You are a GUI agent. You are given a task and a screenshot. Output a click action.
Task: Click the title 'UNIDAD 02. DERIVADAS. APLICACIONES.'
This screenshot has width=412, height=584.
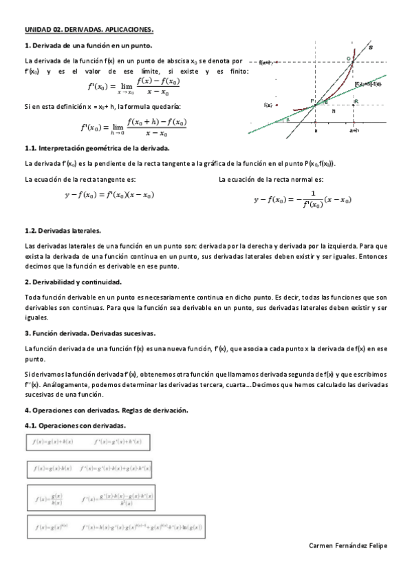89,30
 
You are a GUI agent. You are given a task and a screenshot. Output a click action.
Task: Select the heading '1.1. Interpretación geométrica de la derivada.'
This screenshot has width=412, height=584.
96,148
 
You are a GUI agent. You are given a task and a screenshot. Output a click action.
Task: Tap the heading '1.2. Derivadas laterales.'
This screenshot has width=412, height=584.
63,230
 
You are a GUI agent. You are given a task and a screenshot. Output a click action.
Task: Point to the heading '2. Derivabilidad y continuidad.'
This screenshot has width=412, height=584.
73,282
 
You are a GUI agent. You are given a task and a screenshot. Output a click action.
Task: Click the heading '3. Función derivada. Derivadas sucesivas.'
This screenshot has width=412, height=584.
90,333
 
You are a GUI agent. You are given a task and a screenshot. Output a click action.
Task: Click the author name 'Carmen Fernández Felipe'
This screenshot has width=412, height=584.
349,545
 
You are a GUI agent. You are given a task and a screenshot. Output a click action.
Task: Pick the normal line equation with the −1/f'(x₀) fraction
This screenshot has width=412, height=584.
303,199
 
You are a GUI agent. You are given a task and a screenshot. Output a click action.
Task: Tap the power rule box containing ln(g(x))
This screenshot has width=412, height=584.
115,527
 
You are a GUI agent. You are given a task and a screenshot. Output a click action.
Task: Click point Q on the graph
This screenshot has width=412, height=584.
349,59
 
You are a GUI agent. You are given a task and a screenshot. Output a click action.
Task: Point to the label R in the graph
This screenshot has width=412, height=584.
356,101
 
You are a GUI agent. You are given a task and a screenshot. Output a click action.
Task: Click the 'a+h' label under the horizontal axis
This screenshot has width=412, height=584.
354,130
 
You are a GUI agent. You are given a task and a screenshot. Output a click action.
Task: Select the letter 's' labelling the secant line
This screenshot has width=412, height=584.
372,48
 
